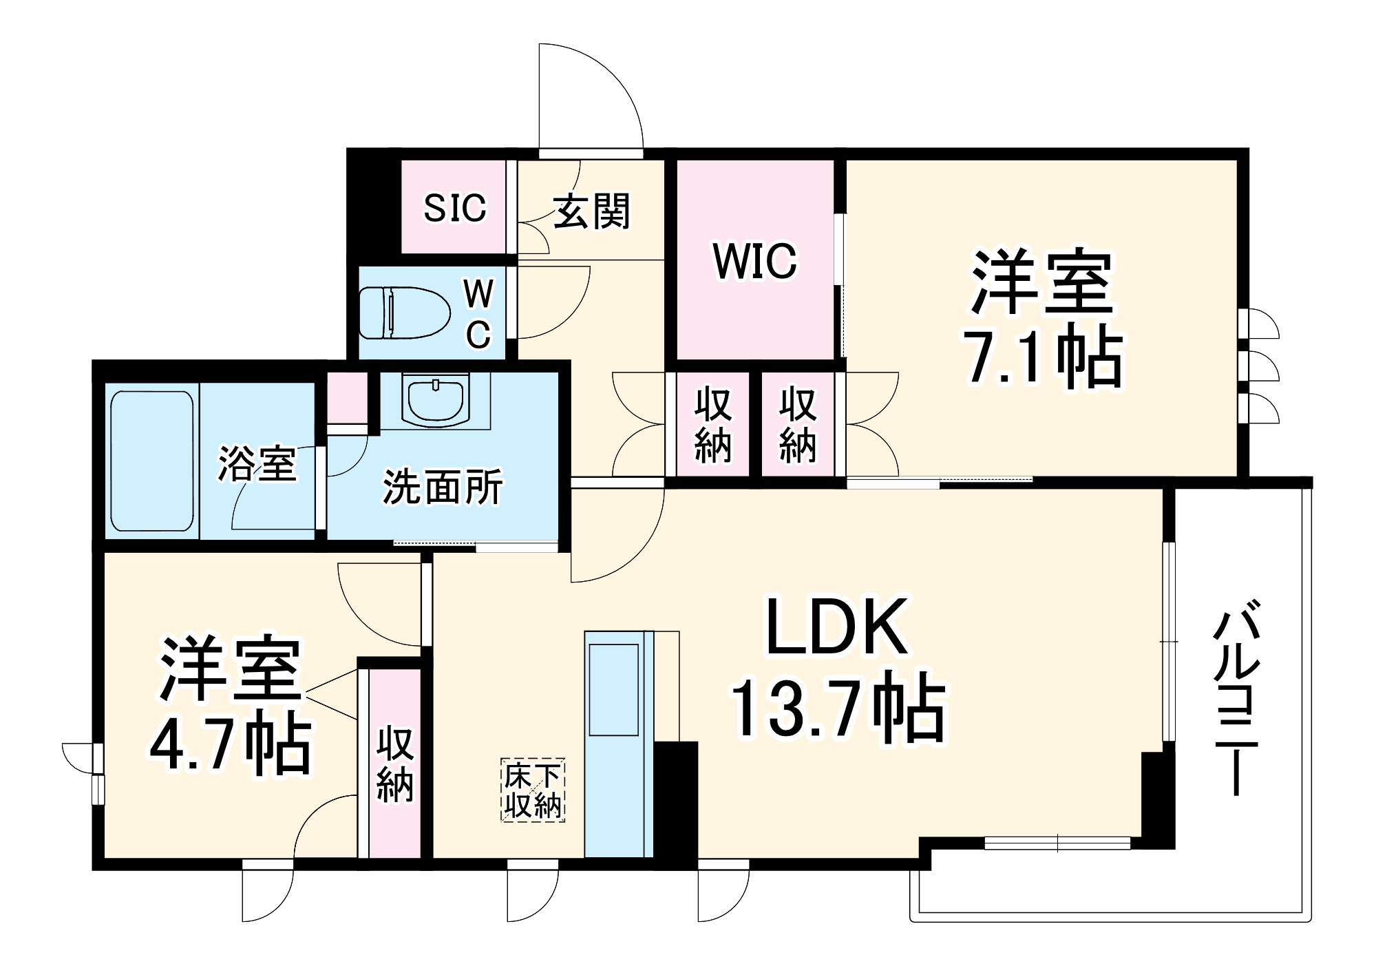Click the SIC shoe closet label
click(x=454, y=207)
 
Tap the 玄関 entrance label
click(x=591, y=211)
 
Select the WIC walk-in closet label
click(x=754, y=261)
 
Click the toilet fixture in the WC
click(x=403, y=313)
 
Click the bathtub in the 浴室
click(x=151, y=461)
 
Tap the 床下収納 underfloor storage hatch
click(x=533, y=790)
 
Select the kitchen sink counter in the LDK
click(x=618, y=744)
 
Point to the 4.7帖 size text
click(x=231, y=746)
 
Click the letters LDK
click(x=836, y=627)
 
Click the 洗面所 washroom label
click(x=442, y=487)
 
